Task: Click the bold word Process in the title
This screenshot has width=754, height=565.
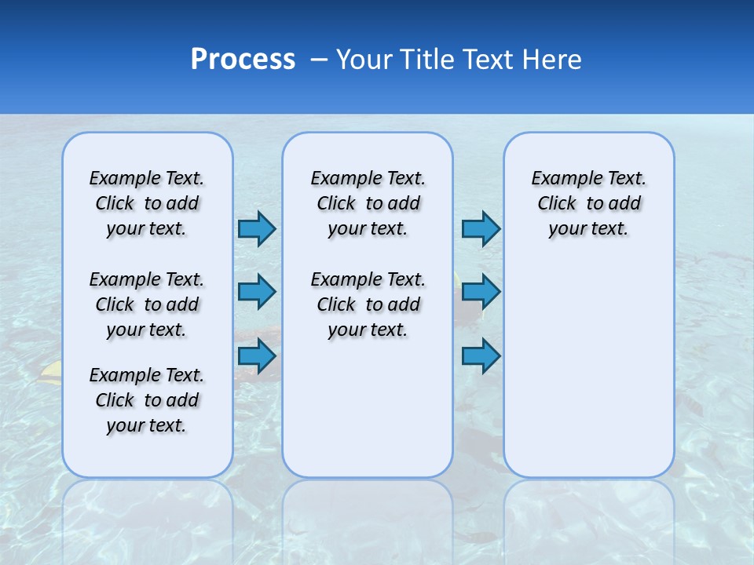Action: (243, 60)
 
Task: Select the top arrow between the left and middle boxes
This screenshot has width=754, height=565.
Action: (257, 229)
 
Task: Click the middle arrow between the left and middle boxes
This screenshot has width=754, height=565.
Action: (257, 292)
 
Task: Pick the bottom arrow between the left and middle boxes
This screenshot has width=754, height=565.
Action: (257, 356)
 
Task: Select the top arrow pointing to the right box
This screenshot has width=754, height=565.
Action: (481, 229)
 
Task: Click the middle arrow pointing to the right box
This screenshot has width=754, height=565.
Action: (481, 292)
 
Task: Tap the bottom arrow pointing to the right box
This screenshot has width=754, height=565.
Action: (481, 356)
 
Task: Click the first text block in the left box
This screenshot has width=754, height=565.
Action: (147, 203)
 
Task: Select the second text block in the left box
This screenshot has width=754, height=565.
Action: (147, 304)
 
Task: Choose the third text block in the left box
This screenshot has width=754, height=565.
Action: (147, 400)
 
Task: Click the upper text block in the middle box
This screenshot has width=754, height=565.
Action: (368, 203)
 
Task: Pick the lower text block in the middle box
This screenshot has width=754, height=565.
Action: (368, 304)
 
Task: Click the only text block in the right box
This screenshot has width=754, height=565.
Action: (588, 203)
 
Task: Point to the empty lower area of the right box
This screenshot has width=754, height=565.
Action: (588, 369)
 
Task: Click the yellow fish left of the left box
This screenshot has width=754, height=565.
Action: (51, 370)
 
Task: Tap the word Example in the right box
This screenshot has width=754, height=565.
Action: (560, 179)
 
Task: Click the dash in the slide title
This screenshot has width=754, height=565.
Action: (319, 60)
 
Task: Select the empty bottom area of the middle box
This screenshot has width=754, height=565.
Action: (368, 416)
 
